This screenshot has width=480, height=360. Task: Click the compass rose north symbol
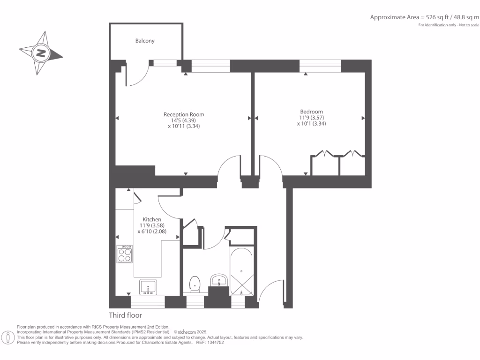click(41, 52)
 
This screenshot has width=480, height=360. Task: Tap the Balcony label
click(145, 41)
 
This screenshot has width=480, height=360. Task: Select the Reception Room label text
click(184, 114)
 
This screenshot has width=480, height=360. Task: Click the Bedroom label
click(311, 112)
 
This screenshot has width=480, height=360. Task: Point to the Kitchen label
click(152, 219)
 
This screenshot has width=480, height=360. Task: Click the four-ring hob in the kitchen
click(125, 254)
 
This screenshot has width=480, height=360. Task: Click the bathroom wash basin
click(218, 280)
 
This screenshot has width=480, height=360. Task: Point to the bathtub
click(241, 272)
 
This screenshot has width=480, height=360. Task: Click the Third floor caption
click(125, 315)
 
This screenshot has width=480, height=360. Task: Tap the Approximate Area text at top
click(425, 17)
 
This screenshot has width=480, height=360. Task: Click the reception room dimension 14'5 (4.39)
click(184, 120)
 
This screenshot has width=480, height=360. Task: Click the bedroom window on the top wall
click(320, 67)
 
